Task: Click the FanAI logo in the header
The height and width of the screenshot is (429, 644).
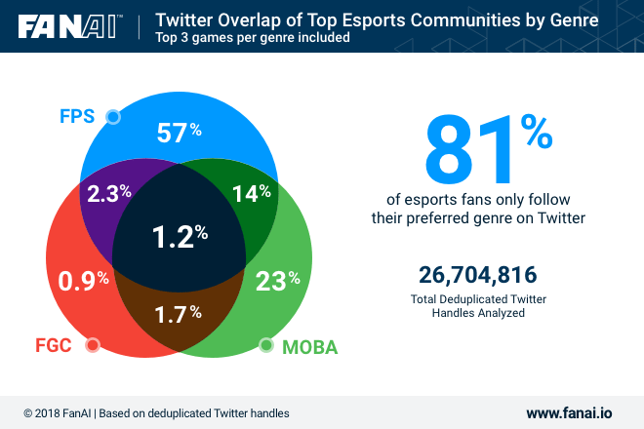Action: (67, 25)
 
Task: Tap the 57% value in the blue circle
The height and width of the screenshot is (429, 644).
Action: (179, 134)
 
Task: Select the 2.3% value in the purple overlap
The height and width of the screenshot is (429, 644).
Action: (109, 192)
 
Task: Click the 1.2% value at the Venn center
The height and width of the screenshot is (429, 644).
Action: (180, 235)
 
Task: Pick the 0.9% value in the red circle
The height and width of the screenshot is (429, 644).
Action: (82, 282)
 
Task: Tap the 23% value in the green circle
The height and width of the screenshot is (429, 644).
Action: (277, 282)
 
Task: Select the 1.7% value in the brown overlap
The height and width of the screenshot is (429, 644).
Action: (180, 314)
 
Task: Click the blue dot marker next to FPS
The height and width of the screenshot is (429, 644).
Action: (113, 117)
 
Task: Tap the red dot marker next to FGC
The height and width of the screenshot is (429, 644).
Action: (93, 345)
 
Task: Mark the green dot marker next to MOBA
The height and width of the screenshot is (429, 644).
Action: (265, 345)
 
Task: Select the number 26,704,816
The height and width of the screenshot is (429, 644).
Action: (478, 275)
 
